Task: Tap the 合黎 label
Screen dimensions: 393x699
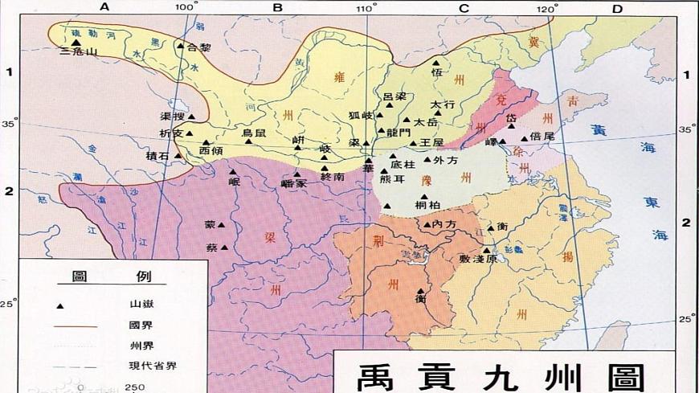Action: pos(199,47)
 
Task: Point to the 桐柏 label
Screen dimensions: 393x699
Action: pos(427,206)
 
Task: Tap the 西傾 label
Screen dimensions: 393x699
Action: pos(211,150)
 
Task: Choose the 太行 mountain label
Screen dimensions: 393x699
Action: pos(443,104)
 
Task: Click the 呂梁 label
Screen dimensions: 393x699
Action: pos(394,97)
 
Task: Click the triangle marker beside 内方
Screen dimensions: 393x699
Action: pos(427,224)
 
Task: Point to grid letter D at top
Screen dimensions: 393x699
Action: pos(617,8)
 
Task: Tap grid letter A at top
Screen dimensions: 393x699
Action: pos(104,8)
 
